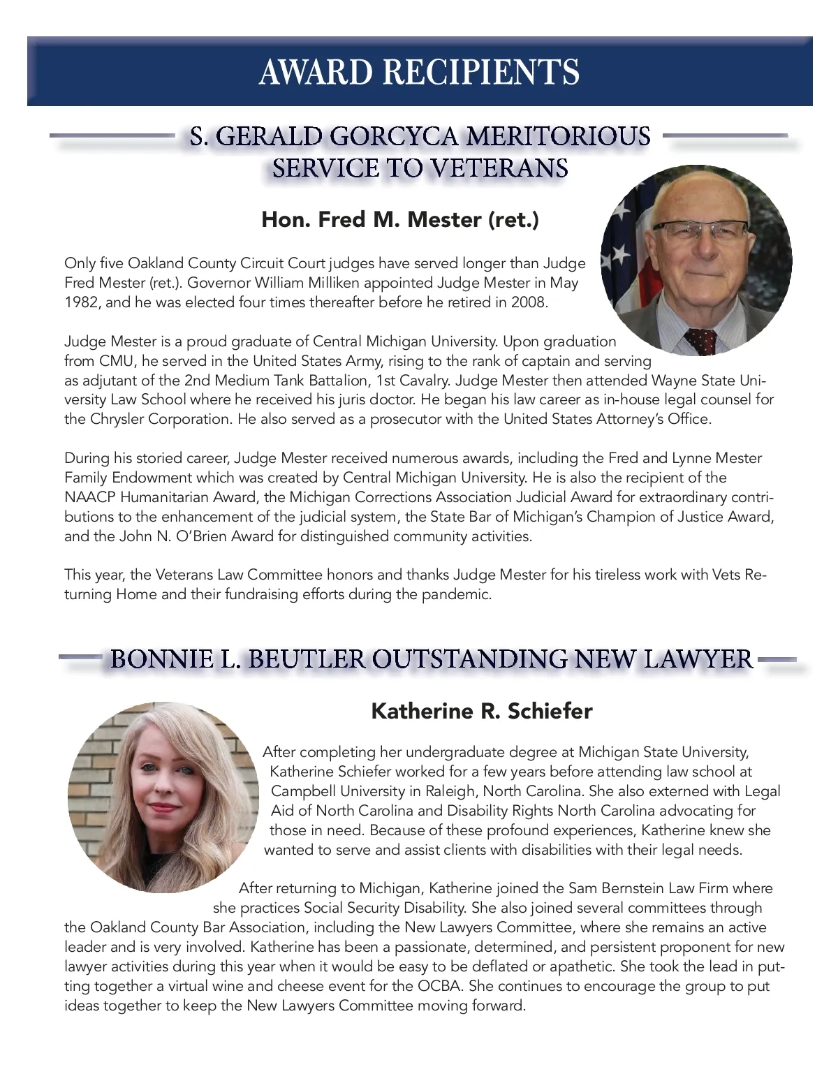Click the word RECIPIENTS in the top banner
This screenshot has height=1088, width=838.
pos(482,72)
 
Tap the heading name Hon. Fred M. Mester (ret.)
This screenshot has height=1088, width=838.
pos(400,220)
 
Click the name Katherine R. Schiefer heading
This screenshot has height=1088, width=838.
pos(482,712)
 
